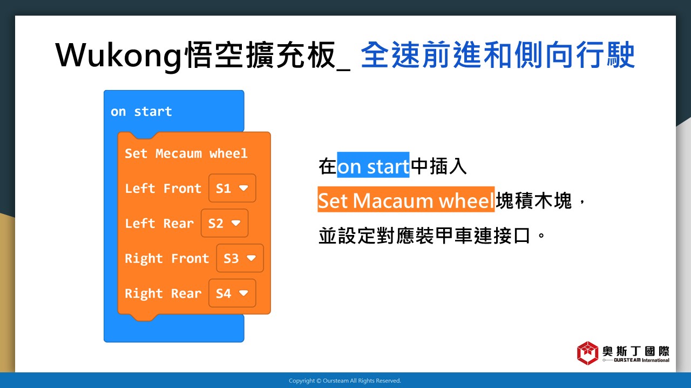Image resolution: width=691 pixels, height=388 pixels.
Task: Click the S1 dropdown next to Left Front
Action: click(232, 188)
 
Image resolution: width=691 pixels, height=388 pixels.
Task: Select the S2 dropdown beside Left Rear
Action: click(224, 223)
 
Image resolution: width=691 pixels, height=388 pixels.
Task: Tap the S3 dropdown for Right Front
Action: click(240, 258)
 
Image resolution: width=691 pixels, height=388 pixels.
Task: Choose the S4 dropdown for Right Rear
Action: click(232, 293)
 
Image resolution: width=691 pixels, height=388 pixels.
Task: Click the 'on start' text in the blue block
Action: click(141, 112)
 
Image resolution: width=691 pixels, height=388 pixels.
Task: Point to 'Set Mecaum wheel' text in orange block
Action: click(186, 154)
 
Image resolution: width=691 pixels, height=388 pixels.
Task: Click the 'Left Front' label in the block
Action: click(163, 189)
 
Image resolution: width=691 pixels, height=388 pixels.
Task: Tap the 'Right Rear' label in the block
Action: click(163, 294)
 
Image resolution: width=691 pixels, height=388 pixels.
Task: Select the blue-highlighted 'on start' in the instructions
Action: click(373, 165)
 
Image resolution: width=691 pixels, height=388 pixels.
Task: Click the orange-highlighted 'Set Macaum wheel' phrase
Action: click(406, 199)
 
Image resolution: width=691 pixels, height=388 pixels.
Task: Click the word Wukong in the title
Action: click(119, 56)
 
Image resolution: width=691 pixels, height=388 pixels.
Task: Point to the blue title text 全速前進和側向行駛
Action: click(498, 55)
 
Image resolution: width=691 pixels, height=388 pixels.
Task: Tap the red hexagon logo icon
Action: click(587, 353)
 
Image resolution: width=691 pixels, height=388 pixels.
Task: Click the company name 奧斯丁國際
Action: click(636, 351)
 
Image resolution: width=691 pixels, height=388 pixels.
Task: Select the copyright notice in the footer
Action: click(345, 381)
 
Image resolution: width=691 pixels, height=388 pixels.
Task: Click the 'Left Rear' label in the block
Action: click(159, 223)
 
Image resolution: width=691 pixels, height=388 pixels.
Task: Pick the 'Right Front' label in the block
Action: click(167, 258)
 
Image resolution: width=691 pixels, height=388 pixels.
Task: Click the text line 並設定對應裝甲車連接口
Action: click(432, 236)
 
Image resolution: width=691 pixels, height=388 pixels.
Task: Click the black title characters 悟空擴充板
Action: click(260, 56)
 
